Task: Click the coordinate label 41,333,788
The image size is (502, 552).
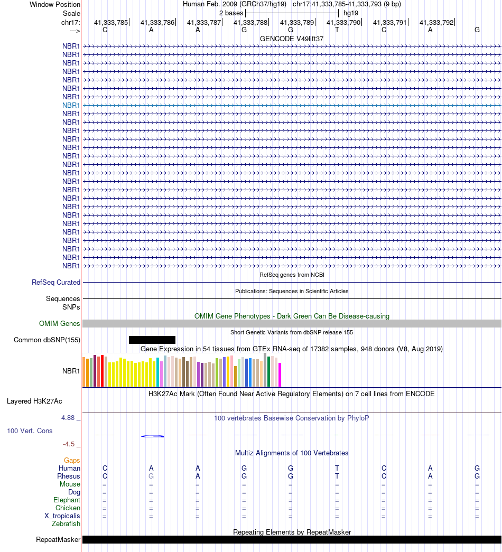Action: [250, 23]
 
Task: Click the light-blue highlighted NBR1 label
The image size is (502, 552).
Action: [71, 105]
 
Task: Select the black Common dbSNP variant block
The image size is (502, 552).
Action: [152, 340]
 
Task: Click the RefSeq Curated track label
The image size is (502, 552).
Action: [56, 283]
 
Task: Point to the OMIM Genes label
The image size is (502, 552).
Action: [60, 323]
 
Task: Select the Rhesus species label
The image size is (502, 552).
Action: [69, 476]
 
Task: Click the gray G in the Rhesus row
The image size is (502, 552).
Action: [151, 476]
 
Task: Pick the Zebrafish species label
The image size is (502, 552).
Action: [66, 524]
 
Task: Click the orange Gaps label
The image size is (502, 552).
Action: [72, 461]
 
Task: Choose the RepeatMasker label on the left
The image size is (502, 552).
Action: [58, 540]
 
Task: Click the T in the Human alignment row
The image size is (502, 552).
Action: [337, 469]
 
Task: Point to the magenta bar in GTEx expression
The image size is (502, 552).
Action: [280, 375]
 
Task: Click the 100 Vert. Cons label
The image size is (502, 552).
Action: [30, 431]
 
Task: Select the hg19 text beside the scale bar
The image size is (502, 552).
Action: [351, 13]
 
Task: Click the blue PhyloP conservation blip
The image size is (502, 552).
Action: [153, 436]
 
